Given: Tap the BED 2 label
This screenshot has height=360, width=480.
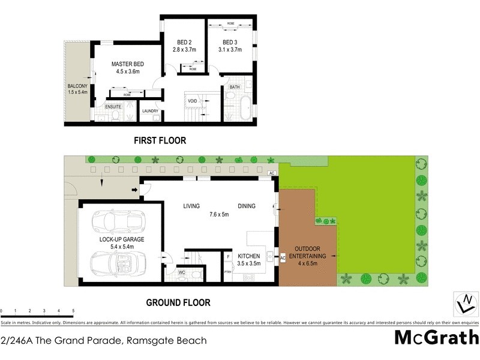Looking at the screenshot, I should (x=184, y=42).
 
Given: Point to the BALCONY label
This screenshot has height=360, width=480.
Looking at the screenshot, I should (x=77, y=86).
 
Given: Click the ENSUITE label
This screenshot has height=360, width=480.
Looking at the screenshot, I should (x=113, y=107).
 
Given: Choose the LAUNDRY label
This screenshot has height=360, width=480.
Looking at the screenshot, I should (x=149, y=111).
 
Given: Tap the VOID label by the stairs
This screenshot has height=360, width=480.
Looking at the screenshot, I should (x=193, y=101).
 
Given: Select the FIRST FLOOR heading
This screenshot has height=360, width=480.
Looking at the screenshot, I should (x=160, y=141).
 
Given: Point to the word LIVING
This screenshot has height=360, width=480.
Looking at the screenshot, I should (x=191, y=206).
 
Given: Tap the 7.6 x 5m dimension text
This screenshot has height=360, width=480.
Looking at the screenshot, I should (x=219, y=214).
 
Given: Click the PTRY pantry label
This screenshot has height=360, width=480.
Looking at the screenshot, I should (x=227, y=272).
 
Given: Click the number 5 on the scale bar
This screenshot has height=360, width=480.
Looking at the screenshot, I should (x=73, y=311).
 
